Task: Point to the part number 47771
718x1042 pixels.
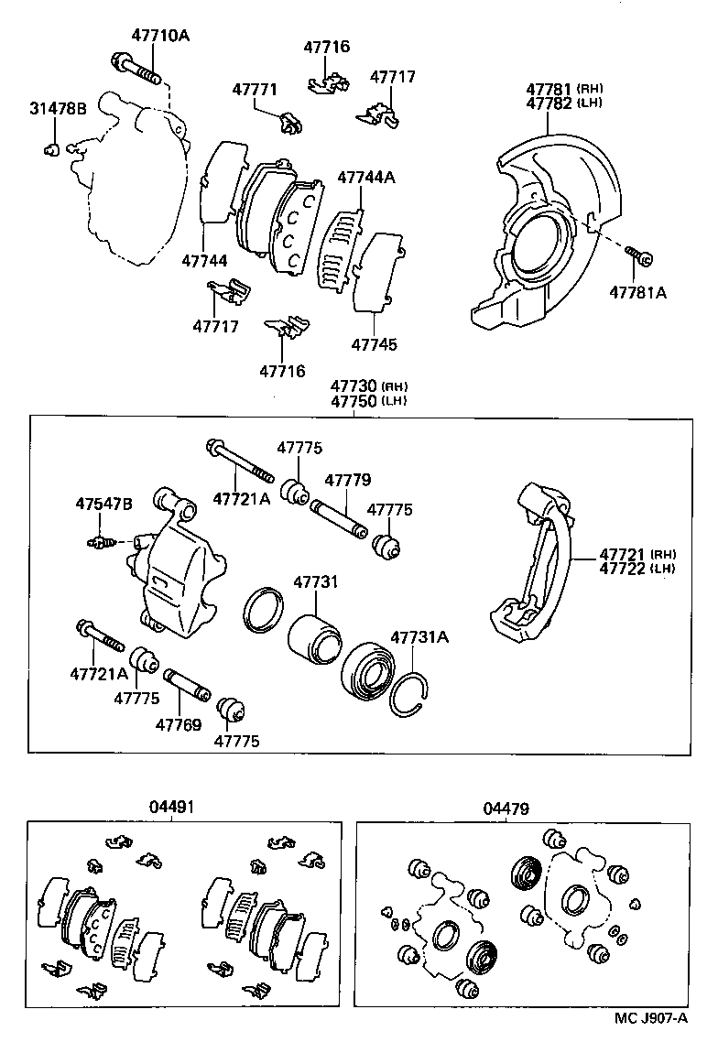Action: coord(254,90)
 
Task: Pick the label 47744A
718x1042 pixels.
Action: coord(365,178)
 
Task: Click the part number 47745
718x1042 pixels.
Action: coord(374,345)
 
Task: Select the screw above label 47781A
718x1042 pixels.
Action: coord(637,256)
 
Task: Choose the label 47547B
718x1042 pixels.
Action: coord(103,505)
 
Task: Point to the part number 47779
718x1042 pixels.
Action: coord(347,480)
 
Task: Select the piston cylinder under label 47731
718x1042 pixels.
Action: coord(312,635)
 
